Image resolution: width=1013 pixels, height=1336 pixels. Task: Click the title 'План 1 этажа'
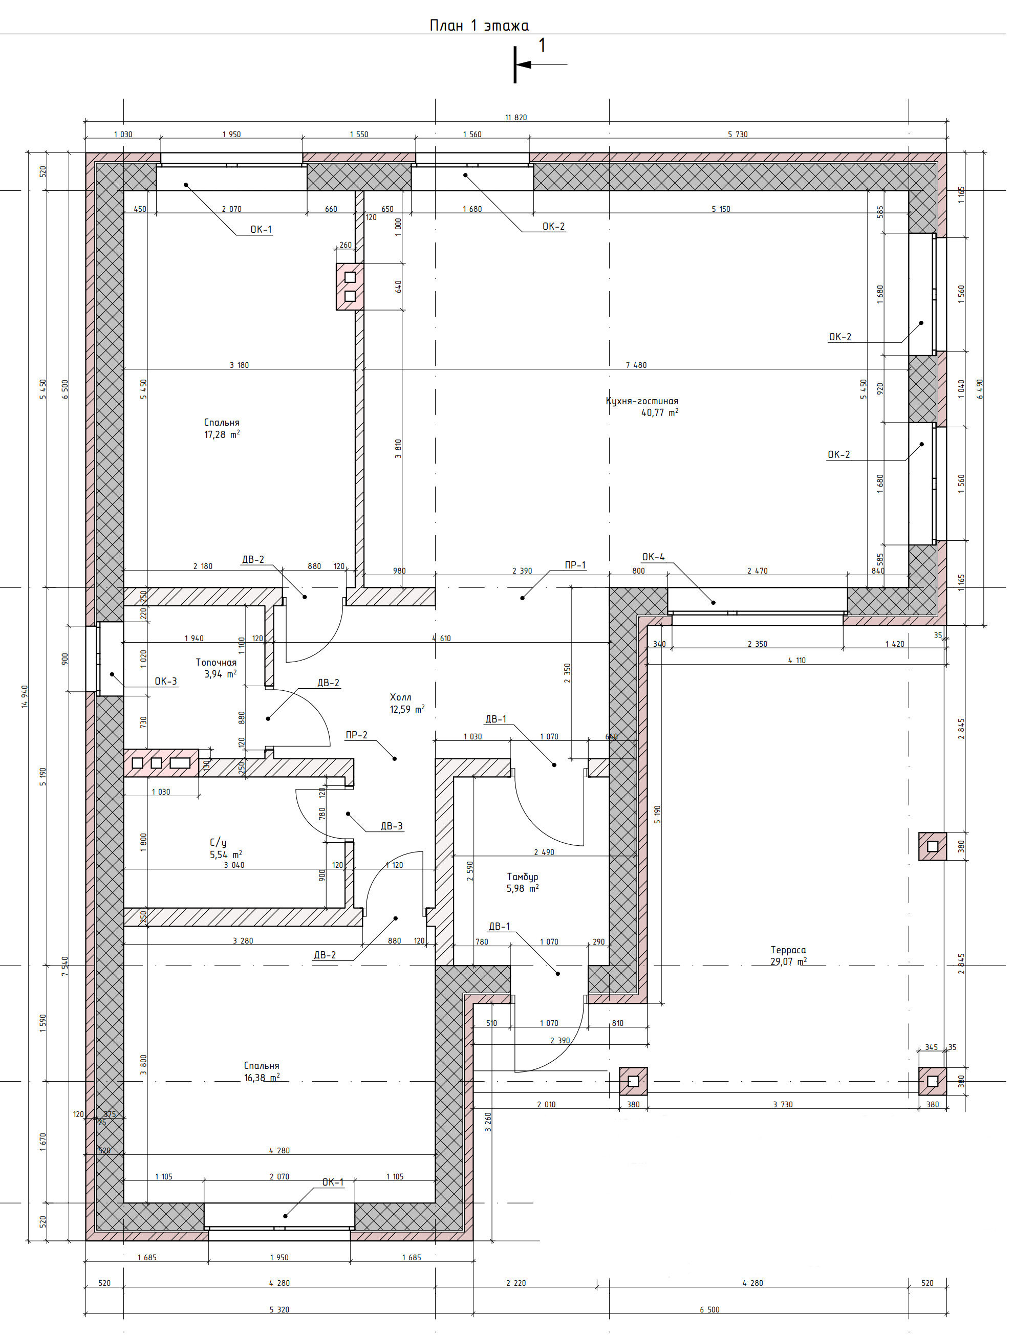click(x=479, y=26)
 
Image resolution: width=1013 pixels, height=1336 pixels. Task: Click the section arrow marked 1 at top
click(x=541, y=64)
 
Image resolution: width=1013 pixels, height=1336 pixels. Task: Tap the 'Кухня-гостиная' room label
click(x=642, y=401)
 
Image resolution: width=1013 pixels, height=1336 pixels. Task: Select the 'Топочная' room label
click(x=215, y=663)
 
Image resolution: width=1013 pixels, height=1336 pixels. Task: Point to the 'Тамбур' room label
click(x=523, y=877)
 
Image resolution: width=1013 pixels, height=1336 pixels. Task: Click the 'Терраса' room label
click(x=788, y=950)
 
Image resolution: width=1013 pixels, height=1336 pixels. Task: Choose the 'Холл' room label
click(x=400, y=697)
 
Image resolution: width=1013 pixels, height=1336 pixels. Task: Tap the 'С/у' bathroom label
click(x=218, y=843)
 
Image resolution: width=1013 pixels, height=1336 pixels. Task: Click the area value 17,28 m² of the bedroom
click(x=222, y=434)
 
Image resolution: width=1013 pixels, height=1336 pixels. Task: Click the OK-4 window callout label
click(x=653, y=557)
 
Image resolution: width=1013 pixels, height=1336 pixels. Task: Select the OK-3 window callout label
click(x=165, y=681)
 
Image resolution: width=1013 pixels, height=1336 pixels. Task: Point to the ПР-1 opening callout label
click(x=575, y=565)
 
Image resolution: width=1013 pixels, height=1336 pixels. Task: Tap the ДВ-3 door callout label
click(x=392, y=826)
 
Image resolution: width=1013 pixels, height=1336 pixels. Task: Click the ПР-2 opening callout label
click(x=356, y=735)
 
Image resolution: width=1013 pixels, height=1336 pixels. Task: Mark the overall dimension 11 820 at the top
click(x=516, y=118)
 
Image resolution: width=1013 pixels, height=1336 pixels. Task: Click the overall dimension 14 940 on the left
click(x=25, y=696)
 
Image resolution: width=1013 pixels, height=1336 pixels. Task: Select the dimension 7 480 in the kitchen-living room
click(x=636, y=365)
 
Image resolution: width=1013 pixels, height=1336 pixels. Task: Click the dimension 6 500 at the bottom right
click(x=710, y=1310)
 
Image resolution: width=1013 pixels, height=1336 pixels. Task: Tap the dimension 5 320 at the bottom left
click(x=279, y=1310)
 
